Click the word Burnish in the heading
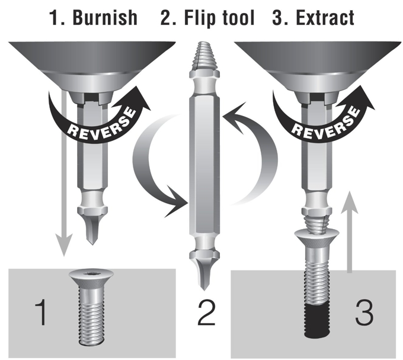[105, 17]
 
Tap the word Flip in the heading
[198, 18]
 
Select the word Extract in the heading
[325, 17]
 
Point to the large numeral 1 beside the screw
[41, 311]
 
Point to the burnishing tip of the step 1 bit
[92, 229]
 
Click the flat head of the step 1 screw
[91, 279]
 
